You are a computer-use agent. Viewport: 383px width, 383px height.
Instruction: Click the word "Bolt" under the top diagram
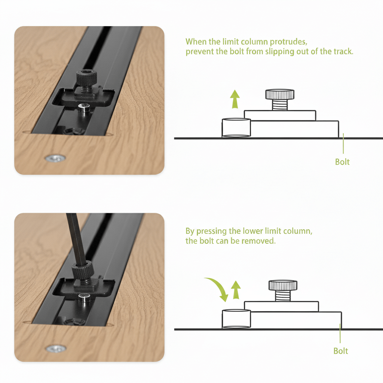point(342,162)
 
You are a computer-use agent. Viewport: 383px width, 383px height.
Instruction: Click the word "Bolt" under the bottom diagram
point(340,351)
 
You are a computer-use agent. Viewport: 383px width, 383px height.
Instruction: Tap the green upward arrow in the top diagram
point(235,99)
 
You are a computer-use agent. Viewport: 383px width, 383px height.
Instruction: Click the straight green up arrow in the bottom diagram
point(236,290)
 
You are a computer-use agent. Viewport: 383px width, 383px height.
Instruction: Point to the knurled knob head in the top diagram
point(280,94)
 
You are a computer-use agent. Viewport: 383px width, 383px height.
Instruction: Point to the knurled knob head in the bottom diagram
point(283,285)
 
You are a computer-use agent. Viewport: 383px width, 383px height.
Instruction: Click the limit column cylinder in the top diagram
point(236,128)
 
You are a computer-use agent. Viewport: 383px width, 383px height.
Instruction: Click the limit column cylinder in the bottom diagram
point(236,319)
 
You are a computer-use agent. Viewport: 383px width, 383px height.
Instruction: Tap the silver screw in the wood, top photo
point(55,159)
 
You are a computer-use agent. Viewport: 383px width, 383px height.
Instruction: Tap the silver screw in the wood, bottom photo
point(56,349)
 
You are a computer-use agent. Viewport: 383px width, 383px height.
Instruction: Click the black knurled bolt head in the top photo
point(86,78)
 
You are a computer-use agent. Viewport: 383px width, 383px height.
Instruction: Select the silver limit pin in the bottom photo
point(85,298)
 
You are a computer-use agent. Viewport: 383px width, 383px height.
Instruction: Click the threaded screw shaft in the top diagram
point(280,105)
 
